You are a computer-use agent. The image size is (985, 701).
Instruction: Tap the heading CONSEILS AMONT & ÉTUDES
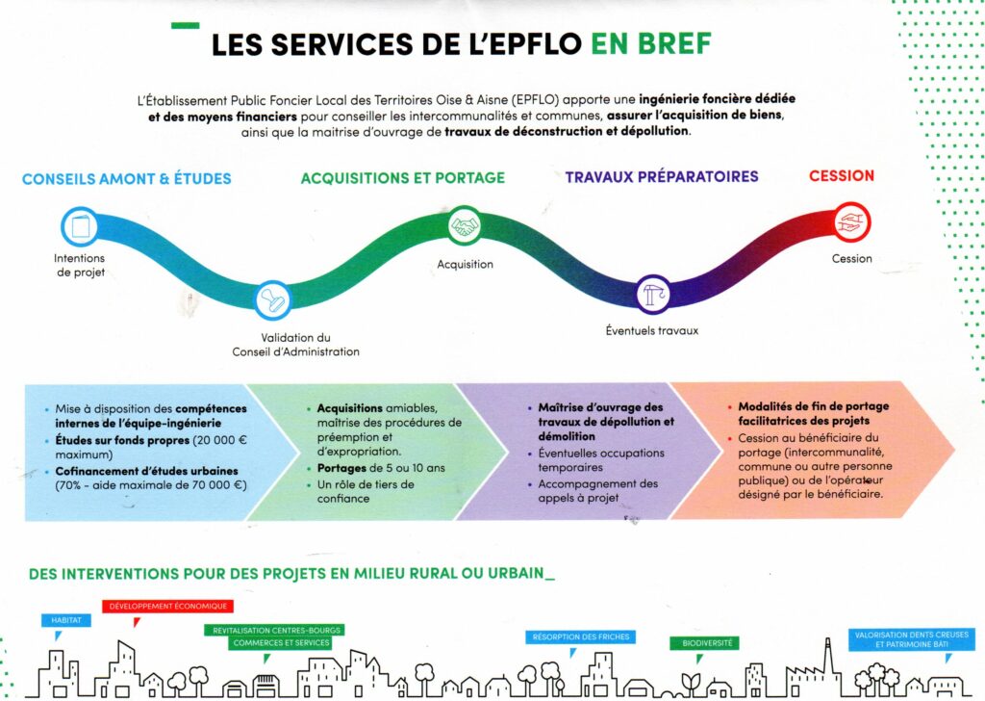tap(126, 178)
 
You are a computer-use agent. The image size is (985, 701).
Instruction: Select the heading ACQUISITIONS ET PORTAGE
tap(402, 178)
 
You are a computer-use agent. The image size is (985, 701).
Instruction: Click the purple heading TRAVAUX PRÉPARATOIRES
tap(662, 177)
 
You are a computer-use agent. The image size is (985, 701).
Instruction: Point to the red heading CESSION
tap(842, 176)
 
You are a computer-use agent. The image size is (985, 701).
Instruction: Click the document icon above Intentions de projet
tap(80, 227)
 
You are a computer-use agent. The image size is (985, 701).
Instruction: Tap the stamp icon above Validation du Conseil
tap(273, 299)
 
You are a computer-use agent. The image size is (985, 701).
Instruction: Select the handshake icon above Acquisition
tap(466, 226)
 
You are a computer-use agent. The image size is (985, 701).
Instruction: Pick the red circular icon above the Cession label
tap(851, 222)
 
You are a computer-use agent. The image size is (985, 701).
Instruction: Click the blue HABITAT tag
tap(66, 620)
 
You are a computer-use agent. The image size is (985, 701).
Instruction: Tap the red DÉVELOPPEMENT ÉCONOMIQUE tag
tap(167, 607)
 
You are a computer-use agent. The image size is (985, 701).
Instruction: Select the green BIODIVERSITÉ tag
tap(703, 642)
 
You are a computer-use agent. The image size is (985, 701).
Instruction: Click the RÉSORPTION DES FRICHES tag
tap(579, 636)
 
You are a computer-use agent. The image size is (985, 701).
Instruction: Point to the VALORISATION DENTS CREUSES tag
tap(912, 639)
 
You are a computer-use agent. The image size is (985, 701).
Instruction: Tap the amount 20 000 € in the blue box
tap(246, 440)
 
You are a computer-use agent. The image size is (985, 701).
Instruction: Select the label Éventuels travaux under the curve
tap(651, 330)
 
